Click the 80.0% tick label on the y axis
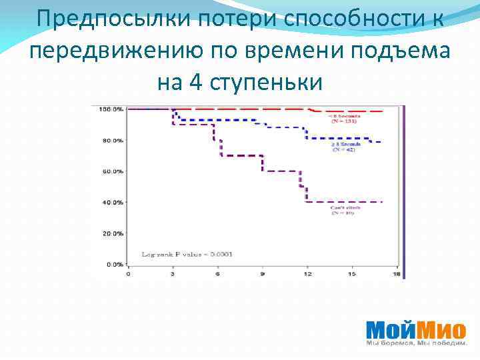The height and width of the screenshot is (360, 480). (111, 141)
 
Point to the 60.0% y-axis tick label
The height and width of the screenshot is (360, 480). (111, 171)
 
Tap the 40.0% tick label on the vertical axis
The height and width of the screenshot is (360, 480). (111, 202)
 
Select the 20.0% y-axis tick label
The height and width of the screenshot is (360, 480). (111, 233)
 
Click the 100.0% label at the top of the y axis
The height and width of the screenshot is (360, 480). (110, 109)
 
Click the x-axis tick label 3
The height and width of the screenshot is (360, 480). (173, 274)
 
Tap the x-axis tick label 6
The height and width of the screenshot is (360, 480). (217, 274)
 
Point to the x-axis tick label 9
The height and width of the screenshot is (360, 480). (262, 274)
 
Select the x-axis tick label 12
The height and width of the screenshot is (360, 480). (307, 274)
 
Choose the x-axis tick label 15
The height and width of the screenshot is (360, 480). (351, 274)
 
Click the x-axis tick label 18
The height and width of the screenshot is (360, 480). (396, 274)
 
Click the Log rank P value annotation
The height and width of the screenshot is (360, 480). (186, 254)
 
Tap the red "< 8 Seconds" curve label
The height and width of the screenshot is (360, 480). (341, 118)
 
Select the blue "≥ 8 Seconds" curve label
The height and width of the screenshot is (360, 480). (344, 147)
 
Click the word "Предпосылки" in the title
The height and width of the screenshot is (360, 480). (94, 20)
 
